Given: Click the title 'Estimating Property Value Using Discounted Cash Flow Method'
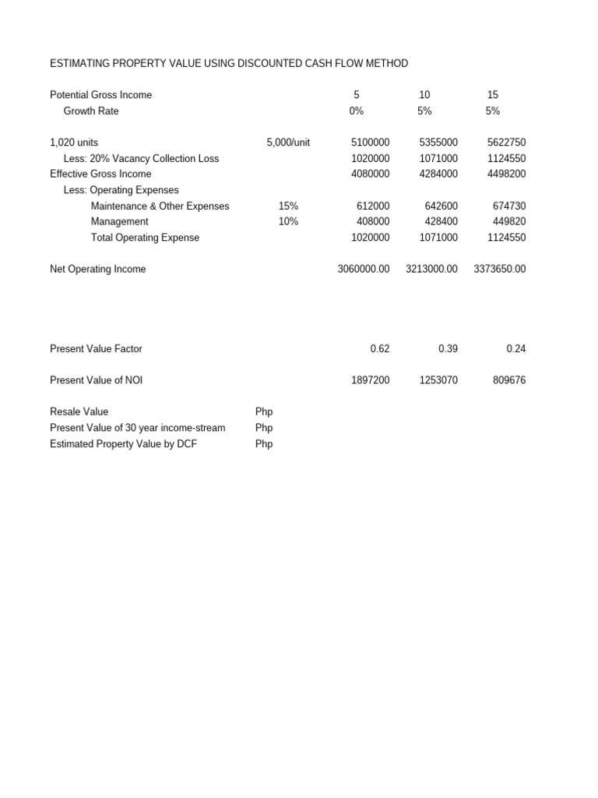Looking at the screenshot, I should click(x=229, y=63).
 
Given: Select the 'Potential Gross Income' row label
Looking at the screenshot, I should click(x=101, y=95).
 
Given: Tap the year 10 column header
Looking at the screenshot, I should click(x=424, y=95).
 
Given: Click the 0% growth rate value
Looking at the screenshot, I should click(x=357, y=111).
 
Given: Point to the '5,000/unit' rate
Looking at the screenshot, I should click(x=288, y=143).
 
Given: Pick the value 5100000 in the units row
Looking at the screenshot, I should click(x=371, y=143).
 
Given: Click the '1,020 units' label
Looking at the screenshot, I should click(x=74, y=143).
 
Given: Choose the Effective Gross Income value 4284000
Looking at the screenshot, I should click(x=438, y=175).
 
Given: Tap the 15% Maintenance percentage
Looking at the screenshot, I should click(x=288, y=207).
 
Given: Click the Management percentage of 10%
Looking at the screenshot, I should click(x=288, y=222).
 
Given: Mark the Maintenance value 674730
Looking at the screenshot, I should click(x=509, y=207).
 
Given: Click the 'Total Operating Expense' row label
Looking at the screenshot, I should click(x=145, y=238).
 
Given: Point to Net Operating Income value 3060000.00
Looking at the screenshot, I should click(x=364, y=270).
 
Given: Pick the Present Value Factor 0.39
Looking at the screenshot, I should click(x=448, y=349).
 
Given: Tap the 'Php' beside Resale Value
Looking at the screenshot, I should click(x=264, y=412).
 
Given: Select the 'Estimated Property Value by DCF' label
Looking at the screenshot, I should click(x=128, y=444).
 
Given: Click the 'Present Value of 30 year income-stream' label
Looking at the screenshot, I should click(x=137, y=428).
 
